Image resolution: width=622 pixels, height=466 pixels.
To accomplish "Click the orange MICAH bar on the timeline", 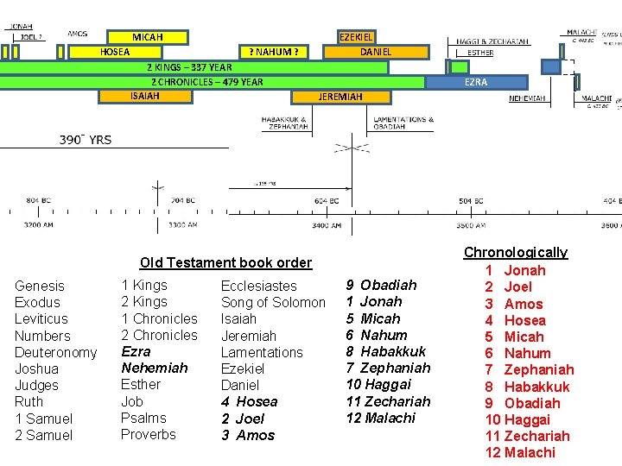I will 147,37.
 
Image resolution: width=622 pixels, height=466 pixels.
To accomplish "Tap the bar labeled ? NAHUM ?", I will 274,52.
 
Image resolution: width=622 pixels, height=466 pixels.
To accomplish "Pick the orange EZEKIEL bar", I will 356,37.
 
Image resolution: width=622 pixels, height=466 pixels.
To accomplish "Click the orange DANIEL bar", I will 376,52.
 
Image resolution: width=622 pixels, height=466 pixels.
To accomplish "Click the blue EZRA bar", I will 476,82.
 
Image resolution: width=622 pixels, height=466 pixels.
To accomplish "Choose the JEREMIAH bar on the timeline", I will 340,97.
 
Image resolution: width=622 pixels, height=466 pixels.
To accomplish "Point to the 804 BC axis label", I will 39,200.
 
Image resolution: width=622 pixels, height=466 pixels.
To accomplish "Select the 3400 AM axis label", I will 327,224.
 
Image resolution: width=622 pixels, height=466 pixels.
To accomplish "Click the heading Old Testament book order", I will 225,262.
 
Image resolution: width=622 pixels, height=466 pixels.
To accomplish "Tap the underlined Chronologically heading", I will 516,252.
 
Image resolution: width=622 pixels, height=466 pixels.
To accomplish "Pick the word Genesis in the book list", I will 40,286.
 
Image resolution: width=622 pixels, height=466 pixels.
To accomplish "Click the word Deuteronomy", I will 56,352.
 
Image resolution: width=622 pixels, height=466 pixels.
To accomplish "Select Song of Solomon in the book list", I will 273,302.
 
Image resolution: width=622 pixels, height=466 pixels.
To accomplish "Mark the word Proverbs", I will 149,434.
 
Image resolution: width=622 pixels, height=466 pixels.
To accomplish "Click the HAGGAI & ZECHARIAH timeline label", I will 492,41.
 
